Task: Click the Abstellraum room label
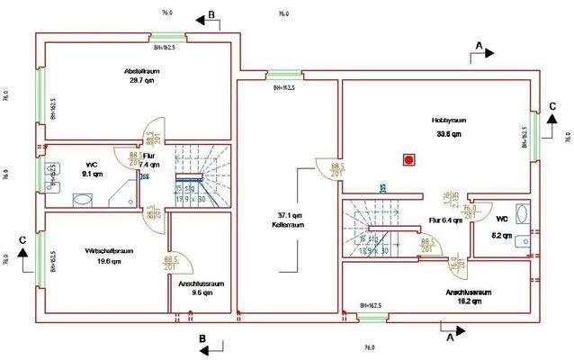(141, 70)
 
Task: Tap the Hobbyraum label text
(448, 120)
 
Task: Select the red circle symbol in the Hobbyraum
(409, 159)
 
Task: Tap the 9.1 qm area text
(92, 174)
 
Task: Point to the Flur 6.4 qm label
(444, 220)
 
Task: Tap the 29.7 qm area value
(141, 80)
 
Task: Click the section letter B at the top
(211, 14)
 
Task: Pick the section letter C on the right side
(552, 106)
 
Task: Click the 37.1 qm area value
(289, 216)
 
